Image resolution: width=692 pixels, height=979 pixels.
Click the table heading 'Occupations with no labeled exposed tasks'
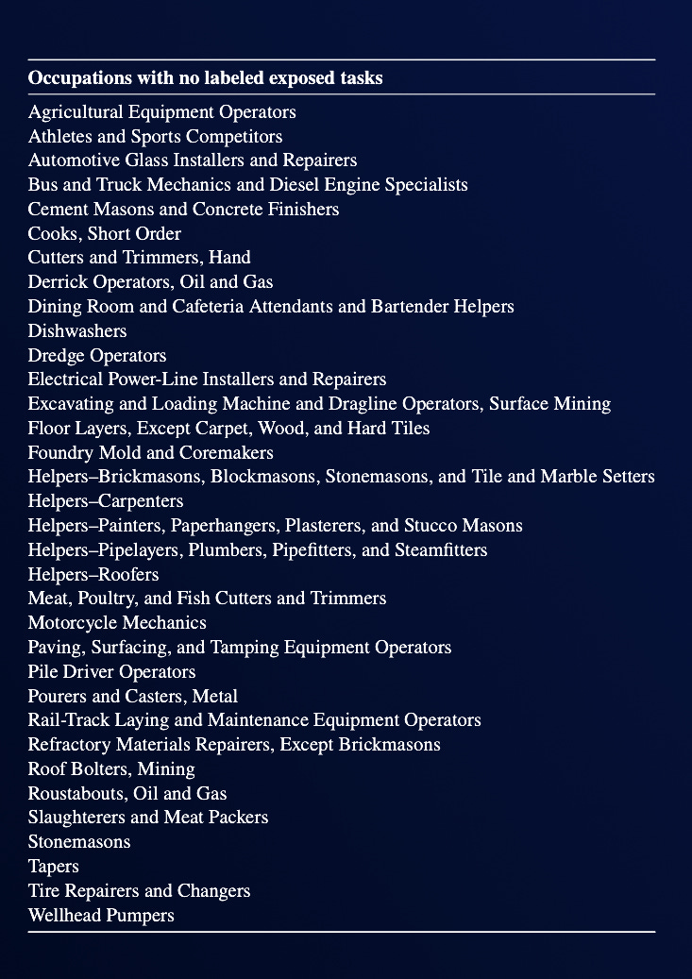pyautogui.click(x=205, y=78)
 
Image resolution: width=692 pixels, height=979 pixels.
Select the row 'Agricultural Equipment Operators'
pyautogui.click(x=161, y=112)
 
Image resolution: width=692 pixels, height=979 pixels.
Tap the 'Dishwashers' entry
pyautogui.click(x=77, y=331)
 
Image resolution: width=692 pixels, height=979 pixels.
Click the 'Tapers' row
pyautogui.click(x=54, y=867)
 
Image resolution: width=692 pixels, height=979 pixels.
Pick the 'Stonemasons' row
pyautogui.click(x=79, y=842)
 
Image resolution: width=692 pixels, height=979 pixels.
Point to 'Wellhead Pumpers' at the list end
pyautogui.click(x=101, y=916)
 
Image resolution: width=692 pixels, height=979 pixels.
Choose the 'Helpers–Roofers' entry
pyautogui.click(x=93, y=575)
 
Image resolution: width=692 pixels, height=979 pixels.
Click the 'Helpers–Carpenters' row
pyautogui.click(x=106, y=501)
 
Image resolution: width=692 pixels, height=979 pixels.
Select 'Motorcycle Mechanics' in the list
pyautogui.click(x=117, y=623)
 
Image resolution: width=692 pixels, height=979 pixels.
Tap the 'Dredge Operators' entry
pyautogui.click(x=97, y=356)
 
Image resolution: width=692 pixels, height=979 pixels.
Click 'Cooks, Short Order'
pyautogui.click(x=105, y=234)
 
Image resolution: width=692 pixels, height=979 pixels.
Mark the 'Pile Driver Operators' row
pyautogui.click(x=111, y=672)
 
